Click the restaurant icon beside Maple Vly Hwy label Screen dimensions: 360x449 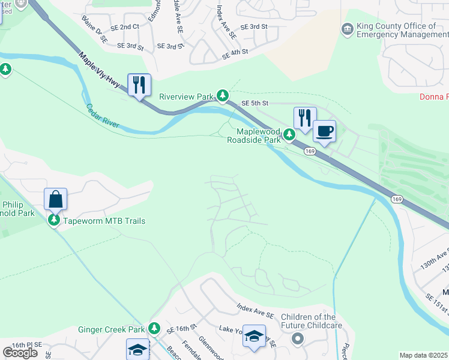(139, 84)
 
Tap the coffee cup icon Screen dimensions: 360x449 (325, 131)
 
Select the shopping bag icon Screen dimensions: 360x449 (55, 199)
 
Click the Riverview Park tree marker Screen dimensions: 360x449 (223, 95)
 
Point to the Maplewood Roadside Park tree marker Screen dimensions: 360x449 (289, 135)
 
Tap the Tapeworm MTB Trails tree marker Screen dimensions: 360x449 (54, 221)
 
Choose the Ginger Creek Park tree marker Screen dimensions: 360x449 (154, 329)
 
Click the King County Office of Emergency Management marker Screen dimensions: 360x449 (347, 29)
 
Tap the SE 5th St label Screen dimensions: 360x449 (254, 103)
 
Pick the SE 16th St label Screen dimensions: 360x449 (182, 329)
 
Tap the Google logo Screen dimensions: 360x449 (20, 352)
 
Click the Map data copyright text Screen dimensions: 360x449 (424, 355)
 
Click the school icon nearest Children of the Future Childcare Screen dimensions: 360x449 (254, 337)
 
